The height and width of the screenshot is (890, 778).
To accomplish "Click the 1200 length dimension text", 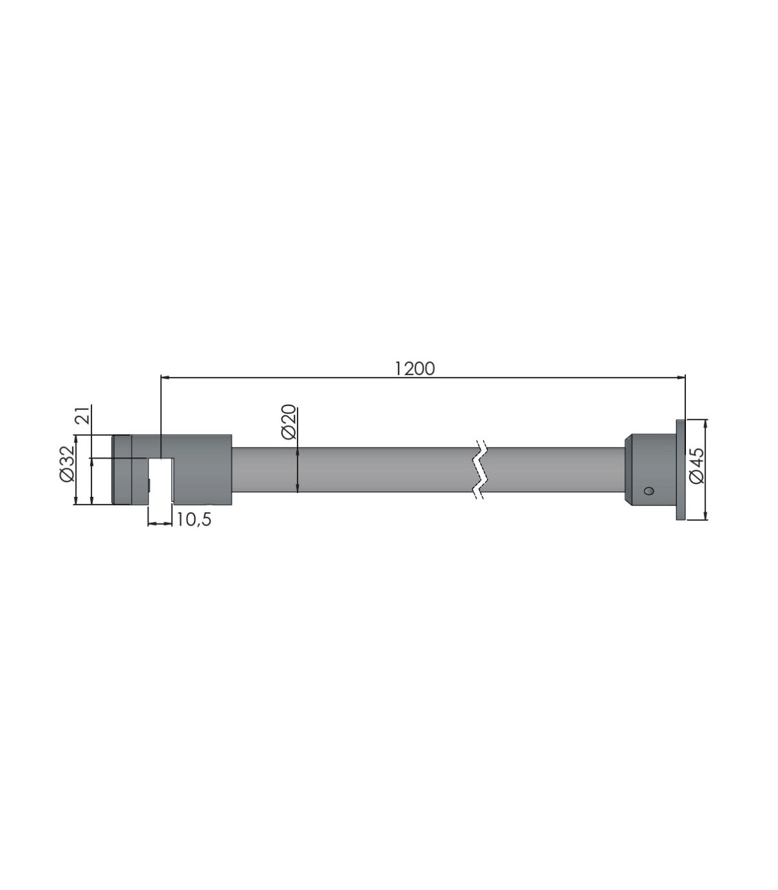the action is pos(414,369).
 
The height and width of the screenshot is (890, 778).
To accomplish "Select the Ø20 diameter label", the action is pos(289,422).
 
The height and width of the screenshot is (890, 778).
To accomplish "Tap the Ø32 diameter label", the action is pos(67,464).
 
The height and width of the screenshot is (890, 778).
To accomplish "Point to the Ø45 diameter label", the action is pos(696,466).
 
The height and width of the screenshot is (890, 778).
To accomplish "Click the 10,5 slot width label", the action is pos(194,520).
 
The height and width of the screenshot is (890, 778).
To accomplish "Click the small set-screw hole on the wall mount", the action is pos(649,490).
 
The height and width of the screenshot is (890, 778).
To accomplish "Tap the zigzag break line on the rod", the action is pos(480,470).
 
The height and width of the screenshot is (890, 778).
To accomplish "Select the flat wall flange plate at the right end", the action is pos(680,470).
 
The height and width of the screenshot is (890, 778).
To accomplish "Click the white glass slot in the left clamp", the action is pos(161,481).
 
